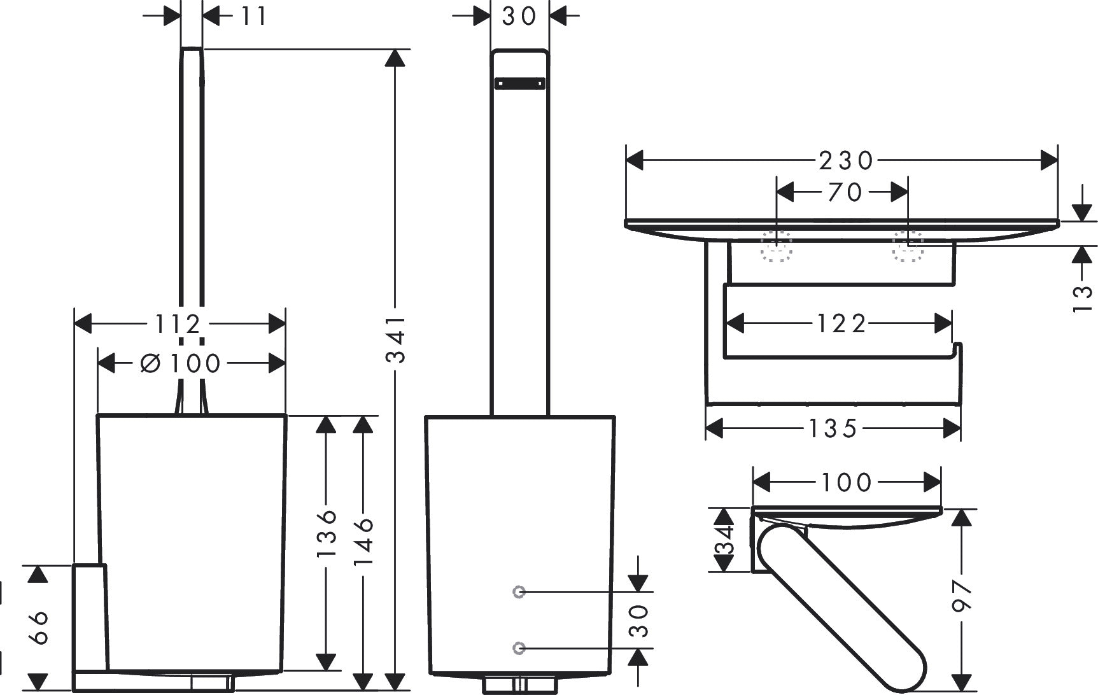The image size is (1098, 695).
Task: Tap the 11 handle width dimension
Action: [x=253, y=16]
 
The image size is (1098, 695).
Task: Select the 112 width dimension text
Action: [x=178, y=325]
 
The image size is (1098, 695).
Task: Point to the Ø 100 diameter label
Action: [x=180, y=363]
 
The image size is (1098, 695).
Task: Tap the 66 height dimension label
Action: [x=39, y=627]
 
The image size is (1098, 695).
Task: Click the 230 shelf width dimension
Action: [x=847, y=161]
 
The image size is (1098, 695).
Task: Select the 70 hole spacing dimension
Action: [x=845, y=192]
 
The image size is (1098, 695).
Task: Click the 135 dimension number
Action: [x=833, y=428]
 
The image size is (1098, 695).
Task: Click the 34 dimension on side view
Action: [x=724, y=539]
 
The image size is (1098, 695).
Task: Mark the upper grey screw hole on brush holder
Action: [x=519, y=592]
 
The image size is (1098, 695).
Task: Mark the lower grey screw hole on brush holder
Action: [x=519, y=648]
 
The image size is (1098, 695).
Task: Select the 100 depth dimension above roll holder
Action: [x=846, y=483]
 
